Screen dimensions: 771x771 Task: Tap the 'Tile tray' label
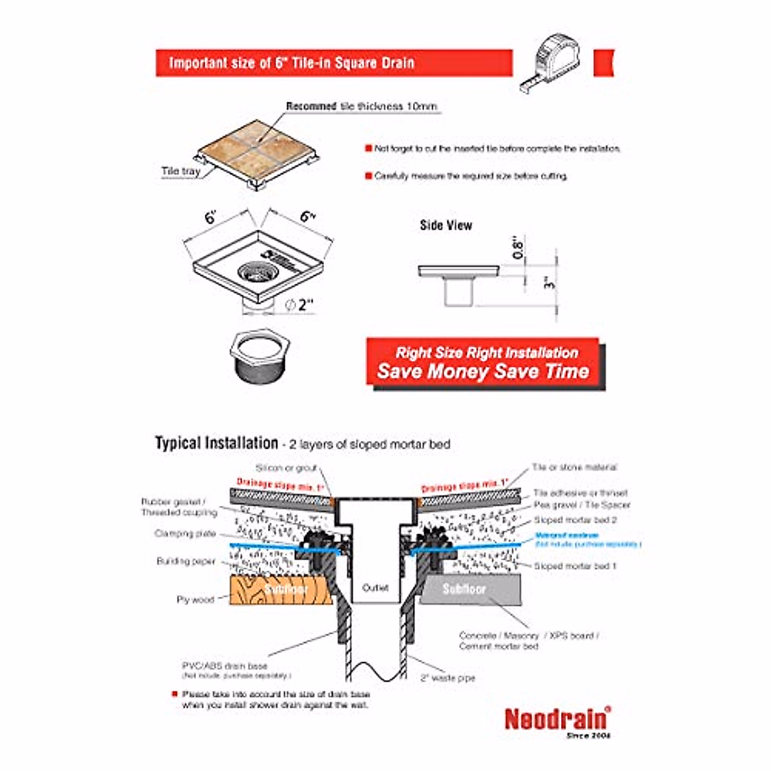[181, 172]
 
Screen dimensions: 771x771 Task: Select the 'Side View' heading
[446, 226]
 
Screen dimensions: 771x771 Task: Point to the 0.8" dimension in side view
[518, 247]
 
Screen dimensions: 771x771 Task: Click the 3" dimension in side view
[547, 283]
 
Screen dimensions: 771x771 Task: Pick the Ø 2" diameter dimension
[299, 305]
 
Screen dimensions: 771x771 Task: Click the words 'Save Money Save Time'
[483, 371]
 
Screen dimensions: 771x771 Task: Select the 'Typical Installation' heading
[216, 443]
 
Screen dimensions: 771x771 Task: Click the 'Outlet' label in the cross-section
[375, 588]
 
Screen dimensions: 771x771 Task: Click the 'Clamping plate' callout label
[185, 533]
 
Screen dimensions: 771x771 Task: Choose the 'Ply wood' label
[195, 599]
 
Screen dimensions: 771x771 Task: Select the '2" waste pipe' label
[448, 678]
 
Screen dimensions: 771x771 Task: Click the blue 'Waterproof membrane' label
[567, 535]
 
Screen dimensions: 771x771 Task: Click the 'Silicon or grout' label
[287, 468]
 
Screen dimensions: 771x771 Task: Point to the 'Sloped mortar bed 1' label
[575, 566]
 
